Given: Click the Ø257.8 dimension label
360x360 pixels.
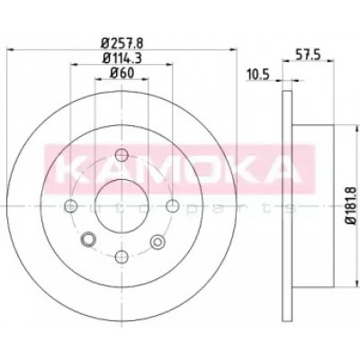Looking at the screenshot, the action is tap(122, 44).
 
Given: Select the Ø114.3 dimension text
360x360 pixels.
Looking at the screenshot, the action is tap(122, 58).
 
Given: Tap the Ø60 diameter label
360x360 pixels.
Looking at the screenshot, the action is tap(121, 73).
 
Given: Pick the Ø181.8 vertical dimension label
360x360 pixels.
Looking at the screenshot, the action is tap(351, 205).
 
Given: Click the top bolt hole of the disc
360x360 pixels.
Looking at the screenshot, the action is tap(121, 155).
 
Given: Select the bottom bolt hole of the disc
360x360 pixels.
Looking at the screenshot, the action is tap(121, 256).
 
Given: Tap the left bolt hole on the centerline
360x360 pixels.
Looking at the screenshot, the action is tap(71, 206).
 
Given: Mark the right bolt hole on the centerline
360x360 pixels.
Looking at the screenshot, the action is tap(173, 206).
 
